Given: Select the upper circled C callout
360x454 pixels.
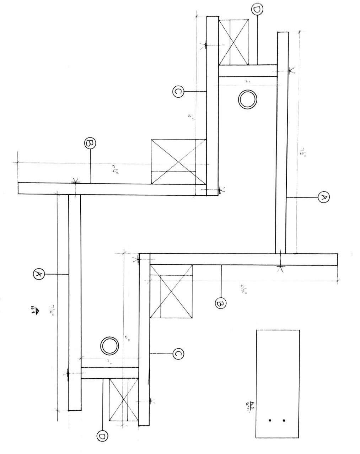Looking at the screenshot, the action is tap(178, 92).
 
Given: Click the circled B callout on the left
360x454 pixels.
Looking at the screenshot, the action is tap(91, 143).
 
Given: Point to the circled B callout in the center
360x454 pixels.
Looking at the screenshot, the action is tap(221, 303).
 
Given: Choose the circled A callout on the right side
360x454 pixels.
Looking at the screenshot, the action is tap(323, 196).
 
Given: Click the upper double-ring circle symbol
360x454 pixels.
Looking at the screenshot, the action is tap(247, 100).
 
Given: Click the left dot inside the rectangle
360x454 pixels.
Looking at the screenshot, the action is tap(270, 421).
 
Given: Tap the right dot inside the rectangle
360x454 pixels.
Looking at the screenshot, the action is tap(284, 421).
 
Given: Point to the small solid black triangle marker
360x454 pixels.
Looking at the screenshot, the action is tap(37, 308).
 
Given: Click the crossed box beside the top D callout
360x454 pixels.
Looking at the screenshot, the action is tap(233, 42).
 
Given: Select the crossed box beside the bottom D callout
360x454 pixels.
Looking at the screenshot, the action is tap(123, 400).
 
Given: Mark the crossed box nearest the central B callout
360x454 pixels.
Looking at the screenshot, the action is tap(171, 291).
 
